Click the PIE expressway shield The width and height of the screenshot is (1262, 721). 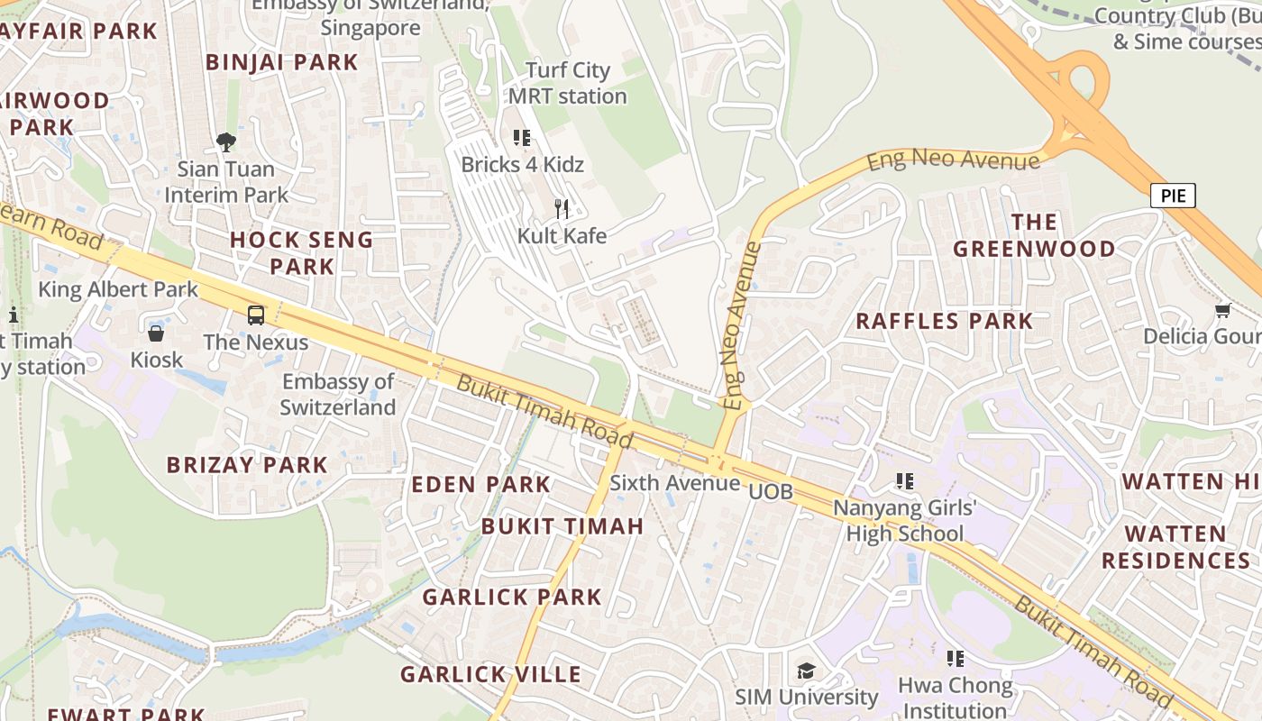coord(1173,196)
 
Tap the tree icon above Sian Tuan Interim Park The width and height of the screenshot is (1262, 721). coord(226,141)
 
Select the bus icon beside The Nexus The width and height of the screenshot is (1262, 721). coord(256,315)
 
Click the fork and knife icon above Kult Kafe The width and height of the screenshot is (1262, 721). coord(562,209)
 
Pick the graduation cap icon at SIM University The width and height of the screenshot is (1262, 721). coord(806,671)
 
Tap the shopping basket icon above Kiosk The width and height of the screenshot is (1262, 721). coord(156,333)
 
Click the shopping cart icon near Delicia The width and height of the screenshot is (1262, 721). coord(1222,311)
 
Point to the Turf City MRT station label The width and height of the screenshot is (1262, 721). coord(567,83)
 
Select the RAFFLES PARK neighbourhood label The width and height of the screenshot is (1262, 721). coord(944,321)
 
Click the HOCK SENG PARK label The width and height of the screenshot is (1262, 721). coord(301,252)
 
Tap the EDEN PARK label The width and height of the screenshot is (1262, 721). coord(480,484)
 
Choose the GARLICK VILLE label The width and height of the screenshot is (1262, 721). coord(490,674)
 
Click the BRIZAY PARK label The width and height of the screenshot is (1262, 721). coord(247,465)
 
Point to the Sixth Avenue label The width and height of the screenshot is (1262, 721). coord(674,483)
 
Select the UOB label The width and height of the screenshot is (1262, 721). coord(771,491)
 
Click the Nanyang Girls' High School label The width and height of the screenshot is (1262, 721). coord(904,520)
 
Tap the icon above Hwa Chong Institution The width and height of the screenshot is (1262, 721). coord(955,659)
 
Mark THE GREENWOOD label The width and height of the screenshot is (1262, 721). coord(1034,235)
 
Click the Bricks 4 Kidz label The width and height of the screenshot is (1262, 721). coord(522,164)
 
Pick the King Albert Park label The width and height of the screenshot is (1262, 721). coord(117,289)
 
